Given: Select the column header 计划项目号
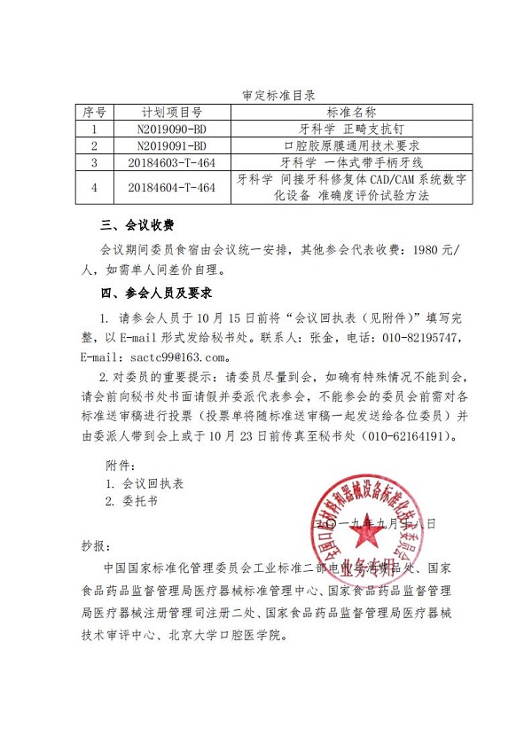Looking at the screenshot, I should click(x=172, y=113).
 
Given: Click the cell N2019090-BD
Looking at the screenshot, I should click(x=172, y=129).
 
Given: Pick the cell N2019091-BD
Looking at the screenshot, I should click(x=172, y=145).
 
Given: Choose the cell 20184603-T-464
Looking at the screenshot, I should click(x=172, y=162).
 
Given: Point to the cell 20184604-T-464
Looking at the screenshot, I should click(x=172, y=187).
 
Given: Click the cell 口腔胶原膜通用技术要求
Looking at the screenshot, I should click(x=351, y=145).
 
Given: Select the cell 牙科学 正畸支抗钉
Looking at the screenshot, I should click(x=351, y=129).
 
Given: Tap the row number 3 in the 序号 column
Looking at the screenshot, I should click(x=94, y=162).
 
